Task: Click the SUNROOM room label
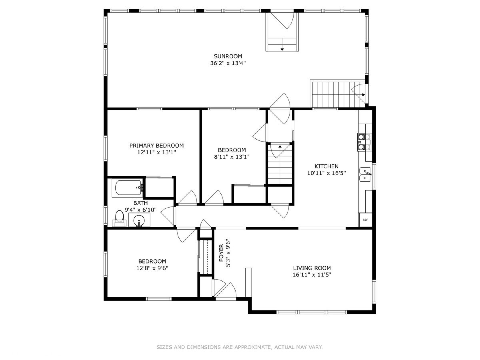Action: pos(228,56)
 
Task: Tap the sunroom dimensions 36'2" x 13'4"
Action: pos(228,63)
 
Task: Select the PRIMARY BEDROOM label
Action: pos(156,146)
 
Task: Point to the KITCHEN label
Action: pos(326,166)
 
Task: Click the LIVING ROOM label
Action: pos(312,268)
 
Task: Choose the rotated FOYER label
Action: pos(221,253)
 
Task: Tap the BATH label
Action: pos(140,203)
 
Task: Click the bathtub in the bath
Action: pos(128,188)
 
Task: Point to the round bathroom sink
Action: pos(139,220)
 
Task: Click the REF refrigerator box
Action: pos(366,220)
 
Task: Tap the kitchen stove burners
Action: pos(364,142)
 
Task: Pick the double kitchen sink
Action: pos(365,174)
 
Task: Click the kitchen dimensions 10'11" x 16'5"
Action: pos(326,173)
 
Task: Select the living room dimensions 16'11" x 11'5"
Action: pos(312,275)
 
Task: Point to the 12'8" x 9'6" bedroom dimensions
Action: pos(152,268)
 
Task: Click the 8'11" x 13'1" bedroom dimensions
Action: pos(232,157)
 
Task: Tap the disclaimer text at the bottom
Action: pos(240,347)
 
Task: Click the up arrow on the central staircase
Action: pos(280,147)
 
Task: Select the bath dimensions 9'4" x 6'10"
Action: pos(140,210)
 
